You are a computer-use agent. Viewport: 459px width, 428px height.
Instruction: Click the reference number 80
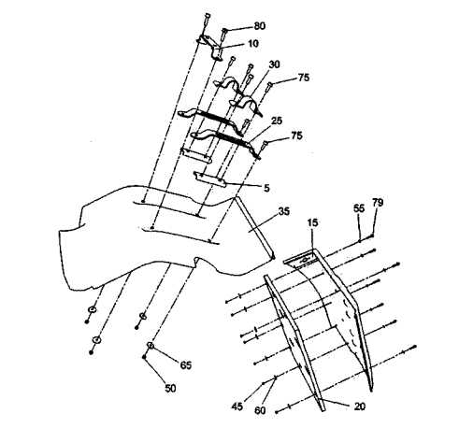(x=260, y=26)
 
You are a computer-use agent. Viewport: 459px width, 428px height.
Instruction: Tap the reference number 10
(x=253, y=44)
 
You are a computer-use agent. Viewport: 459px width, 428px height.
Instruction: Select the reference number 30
(x=274, y=64)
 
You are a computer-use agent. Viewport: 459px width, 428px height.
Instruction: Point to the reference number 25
(x=277, y=121)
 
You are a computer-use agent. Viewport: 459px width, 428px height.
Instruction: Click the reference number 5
(x=266, y=188)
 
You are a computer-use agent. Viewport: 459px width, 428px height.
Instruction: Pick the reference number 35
(x=283, y=211)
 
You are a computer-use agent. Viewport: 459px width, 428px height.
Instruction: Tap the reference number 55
(x=359, y=208)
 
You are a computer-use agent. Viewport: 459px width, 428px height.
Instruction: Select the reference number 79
(x=378, y=203)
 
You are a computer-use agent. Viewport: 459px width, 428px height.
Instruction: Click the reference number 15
(x=312, y=222)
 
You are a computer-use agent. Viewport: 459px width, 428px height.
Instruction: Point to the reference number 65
(x=186, y=365)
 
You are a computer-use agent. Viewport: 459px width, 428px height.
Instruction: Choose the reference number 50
(x=170, y=389)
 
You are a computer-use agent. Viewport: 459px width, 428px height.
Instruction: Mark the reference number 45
(x=237, y=407)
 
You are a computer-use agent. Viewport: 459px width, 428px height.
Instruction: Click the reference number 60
(x=260, y=410)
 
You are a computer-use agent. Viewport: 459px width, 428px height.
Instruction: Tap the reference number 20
(x=360, y=407)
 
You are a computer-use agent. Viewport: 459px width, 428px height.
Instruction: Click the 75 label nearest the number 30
(x=304, y=78)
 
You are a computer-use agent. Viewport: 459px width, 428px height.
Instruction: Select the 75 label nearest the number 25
(x=296, y=136)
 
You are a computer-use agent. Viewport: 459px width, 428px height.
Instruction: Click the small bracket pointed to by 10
(x=213, y=48)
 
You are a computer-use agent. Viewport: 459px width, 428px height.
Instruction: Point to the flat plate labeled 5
(x=209, y=179)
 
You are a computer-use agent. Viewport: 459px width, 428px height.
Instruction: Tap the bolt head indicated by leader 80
(x=224, y=31)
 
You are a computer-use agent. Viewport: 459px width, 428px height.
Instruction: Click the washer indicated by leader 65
(x=151, y=346)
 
